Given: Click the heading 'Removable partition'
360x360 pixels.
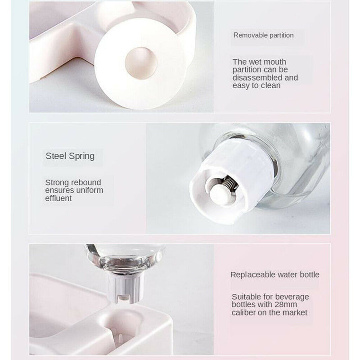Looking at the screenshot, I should pyautogui.click(x=263, y=35).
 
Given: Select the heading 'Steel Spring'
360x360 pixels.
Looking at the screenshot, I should pyautogui.click(x=70, y=156).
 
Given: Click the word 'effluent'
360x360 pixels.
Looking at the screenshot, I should pyautogui.click(x=58, y=198).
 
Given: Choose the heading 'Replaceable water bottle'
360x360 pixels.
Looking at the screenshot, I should pyautogui.click(x=275, y=274).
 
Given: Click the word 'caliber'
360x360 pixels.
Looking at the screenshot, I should pyautogui.click(x=245, y=312).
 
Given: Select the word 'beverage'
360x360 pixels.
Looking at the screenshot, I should pyautogui.click(x=293, y=297).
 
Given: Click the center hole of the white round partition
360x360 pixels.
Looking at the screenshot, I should pyautogui.click(x=141, y=63).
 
